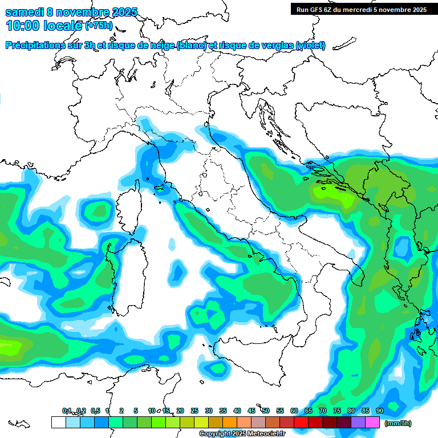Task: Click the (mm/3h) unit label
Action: tap(398, 423)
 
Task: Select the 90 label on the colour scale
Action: tap(380, 411)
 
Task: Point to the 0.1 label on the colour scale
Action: tap(67, 411)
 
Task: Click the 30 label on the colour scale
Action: tap(209, 411)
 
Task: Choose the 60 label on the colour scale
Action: tap(294, 411)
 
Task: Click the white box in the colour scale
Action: tap(58, 423)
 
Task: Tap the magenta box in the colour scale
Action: tap(372, 423)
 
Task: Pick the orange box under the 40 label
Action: tap(229, 423)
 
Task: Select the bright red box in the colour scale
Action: tap(301, 423)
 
